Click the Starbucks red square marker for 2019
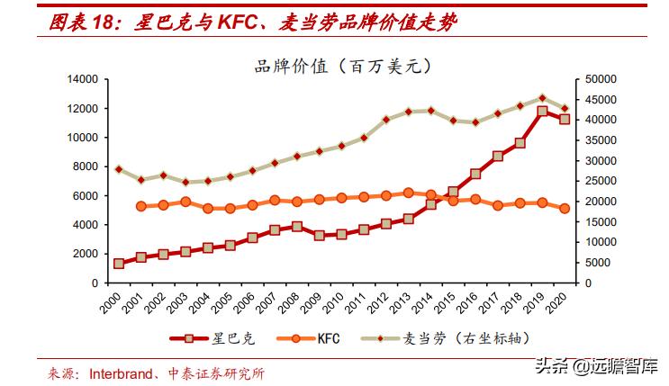point(542,112)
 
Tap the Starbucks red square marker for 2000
point(119,264)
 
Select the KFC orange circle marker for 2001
point(141,206)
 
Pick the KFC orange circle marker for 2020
point(565,208)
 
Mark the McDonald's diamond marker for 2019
point(542,97)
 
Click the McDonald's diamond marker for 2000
point(119,169)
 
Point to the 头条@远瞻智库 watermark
point(595,366)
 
